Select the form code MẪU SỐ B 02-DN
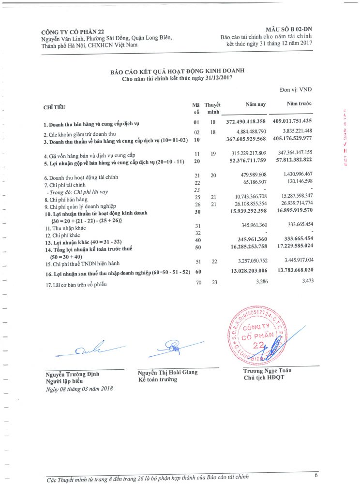tap(288, 30)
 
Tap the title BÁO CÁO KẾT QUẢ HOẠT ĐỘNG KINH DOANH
tap(177, 71)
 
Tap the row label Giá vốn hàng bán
tap(90, 155)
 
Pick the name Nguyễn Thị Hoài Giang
tap(167, 372)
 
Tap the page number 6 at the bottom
tap(316, 475)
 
